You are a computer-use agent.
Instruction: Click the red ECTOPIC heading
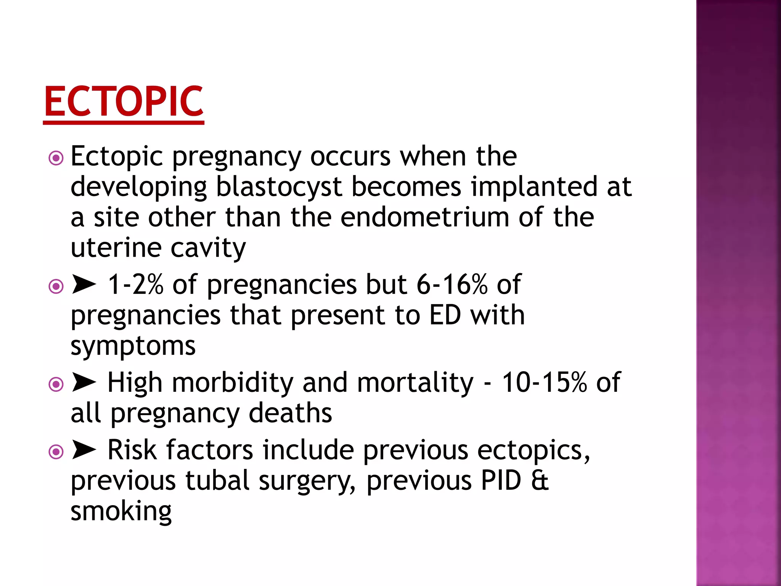124,101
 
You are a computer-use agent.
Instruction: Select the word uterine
116,248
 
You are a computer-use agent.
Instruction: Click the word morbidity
232,383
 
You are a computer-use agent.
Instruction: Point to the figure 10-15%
544,383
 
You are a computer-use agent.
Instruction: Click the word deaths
290,413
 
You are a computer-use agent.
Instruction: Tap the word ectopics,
534,450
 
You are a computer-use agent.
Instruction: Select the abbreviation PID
501,481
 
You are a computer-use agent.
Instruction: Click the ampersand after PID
540,481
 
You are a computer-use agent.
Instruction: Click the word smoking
121,511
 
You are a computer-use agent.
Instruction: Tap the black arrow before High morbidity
84,383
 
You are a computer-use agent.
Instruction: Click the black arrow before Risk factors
84,450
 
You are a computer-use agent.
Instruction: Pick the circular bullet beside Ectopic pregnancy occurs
56,158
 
